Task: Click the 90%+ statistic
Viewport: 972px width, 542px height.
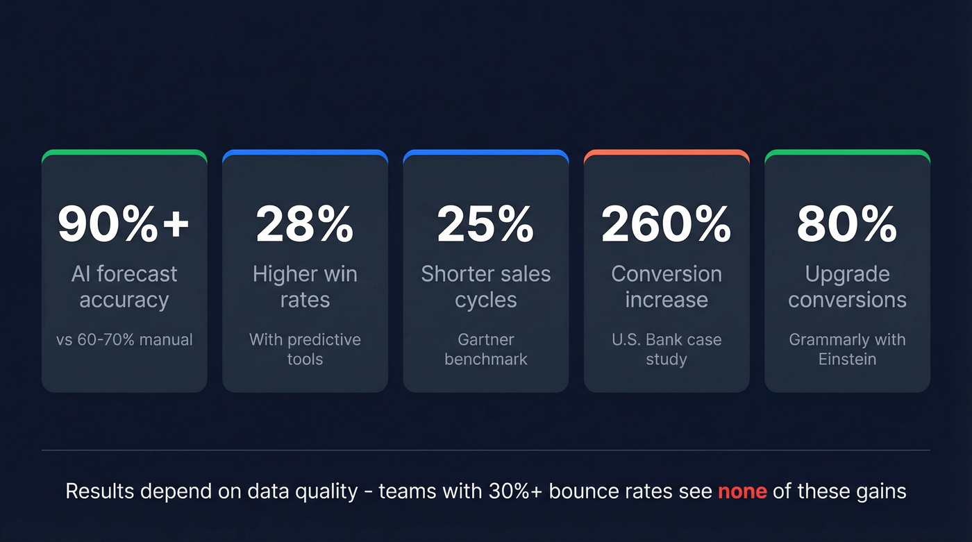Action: (x=124, y=224)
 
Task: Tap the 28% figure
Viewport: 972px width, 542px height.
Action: (x=305, y=224)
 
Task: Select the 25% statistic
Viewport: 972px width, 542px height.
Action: (x=485, y=224)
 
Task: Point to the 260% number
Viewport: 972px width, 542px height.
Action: (x=666, y=224)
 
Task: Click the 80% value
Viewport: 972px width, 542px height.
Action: (x=847, y=224)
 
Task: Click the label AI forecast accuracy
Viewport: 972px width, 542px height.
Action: (x=124, y=287)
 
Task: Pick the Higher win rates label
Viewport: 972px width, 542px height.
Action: (x=305, y=287)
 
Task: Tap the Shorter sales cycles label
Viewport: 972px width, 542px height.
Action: (x=485, y=287)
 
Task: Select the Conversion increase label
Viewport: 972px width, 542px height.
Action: (x=667, y=287)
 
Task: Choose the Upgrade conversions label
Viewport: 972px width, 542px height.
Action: (x=847, y=287)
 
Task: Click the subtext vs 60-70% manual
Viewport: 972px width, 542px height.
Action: (x=124, y=340)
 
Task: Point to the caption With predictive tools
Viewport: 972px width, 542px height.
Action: (x=305, y=349)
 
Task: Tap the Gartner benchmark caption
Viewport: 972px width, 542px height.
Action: (x=486, y=349)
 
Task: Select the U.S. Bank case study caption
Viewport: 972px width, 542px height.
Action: (x=667, y=349)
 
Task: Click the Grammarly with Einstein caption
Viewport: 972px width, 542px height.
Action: (x=847, y=349)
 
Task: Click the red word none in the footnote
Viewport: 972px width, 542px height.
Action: (x=742, y=491)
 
